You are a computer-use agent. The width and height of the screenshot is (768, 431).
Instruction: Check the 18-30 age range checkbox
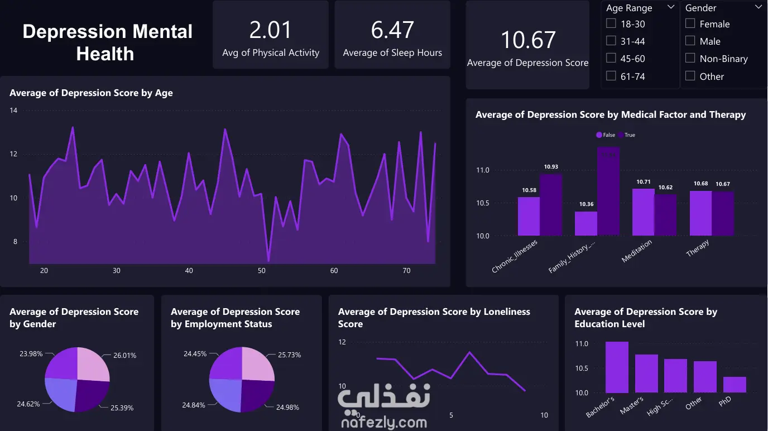pyautogui.click(x=611, y=23)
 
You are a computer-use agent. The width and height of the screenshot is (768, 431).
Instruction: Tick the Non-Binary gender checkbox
pyautogui.click(x=690, y=58)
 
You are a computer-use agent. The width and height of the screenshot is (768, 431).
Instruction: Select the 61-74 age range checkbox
pyautogui.click(x=611, y=75)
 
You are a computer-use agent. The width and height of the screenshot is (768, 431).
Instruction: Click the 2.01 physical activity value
pyautogui.click(x=271, y=30)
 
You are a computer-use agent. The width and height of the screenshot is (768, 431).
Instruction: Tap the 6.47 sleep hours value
pyautogui.click(x=392, y=30)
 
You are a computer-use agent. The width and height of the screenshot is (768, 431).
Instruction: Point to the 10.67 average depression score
pyautogui.click(x=527, y=40)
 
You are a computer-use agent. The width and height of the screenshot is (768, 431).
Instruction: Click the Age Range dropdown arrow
pyautogui.click(x=671, y=7)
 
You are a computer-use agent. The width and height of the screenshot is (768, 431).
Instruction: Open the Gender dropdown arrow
pyautogui.click(x=758, y=7)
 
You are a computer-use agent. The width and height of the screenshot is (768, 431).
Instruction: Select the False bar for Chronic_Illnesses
pyautogui.click(x=529, y=216)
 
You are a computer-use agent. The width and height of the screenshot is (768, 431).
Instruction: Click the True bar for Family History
pyautogui.click(x=608, y=191)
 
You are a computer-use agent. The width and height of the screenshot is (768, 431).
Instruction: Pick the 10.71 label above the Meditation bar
pyautogui.click(x=643, y=182)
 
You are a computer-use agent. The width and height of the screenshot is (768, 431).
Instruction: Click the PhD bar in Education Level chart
pyautogui.click(x=735, y=385)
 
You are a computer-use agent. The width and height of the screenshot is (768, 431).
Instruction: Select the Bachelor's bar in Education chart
pyautogui.click(x=617, y=367)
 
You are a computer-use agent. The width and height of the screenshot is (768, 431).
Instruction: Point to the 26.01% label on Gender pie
pyautogui.click(x=125, y=356)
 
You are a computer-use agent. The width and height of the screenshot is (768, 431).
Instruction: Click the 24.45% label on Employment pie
pyautogui.click(x=195, y=354)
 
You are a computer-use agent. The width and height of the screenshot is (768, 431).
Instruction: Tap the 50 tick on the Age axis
pyautogui.click(x=262, y=271)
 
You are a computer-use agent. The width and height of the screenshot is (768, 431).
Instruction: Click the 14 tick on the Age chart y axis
pyautogui.click(x=13, y=111)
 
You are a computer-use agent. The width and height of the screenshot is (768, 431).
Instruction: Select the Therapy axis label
pyautogui.click(x=698, y=248)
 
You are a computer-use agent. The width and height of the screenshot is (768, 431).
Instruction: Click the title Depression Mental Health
pyautogui.click(x=107, y=42)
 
